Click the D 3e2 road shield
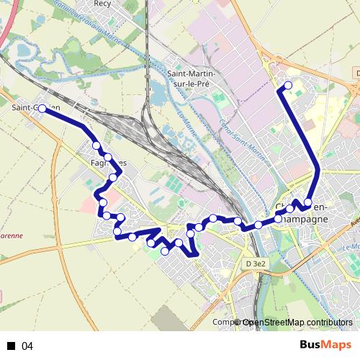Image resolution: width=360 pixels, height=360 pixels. [x=256, y=265]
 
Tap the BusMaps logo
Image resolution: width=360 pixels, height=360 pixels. [x=326, y=346]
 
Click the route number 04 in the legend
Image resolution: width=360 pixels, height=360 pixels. [x=27, y=346]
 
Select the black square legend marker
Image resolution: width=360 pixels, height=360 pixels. [x=11, y=346]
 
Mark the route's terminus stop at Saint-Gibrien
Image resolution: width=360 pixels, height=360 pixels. [x=42, y=108]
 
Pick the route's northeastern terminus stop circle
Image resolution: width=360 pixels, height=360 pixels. [x=288, y=86]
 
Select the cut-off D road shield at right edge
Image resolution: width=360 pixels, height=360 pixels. [x=357, y=73]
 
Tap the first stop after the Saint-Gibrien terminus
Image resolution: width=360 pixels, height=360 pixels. [x=96, y=145]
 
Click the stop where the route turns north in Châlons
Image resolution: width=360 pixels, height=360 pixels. [x=307, y=202]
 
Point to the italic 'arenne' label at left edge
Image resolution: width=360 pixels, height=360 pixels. [x=12, y=235]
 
